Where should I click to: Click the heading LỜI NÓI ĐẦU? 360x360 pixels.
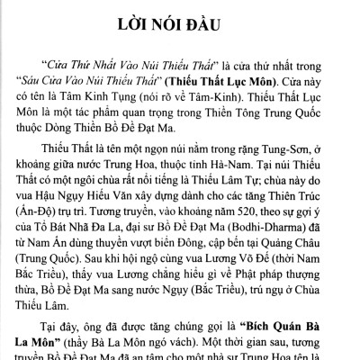[179, 21]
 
